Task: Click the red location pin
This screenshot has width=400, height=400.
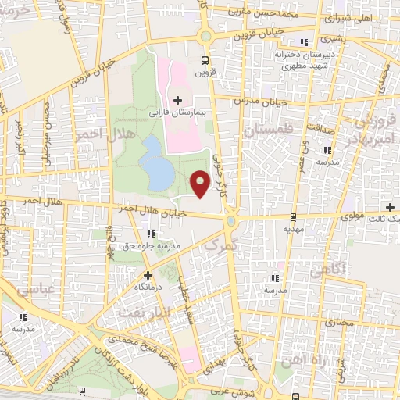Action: click(200, 183)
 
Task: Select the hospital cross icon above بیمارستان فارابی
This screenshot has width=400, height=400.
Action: click(178, 100)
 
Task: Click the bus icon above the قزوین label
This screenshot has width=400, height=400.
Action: click(205, 60)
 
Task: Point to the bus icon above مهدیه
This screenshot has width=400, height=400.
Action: click(293, 216)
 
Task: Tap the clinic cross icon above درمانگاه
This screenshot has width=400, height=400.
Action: click(148, 275)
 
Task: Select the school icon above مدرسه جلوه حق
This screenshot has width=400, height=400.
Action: click(152, 233)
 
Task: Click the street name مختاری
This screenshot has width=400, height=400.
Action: click(341, 321)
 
